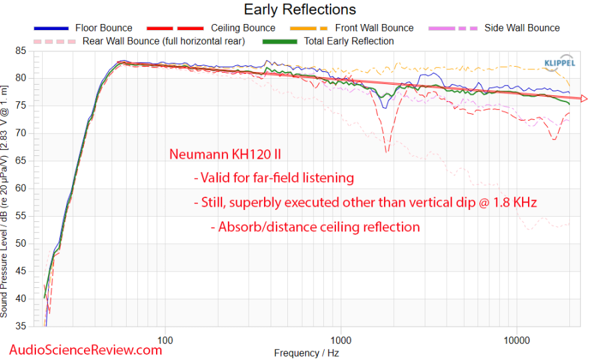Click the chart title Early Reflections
tap(299, 9)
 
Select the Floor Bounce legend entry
tap(103, 28)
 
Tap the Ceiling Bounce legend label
tap(243, 28)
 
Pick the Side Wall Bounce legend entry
tap(522, 28)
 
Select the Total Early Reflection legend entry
tap(349, 41)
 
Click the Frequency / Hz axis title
tap(307, 351)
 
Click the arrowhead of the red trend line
tap(584, 99)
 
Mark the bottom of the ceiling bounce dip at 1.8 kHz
tap(387, 153)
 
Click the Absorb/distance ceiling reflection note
tap(319, 227)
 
